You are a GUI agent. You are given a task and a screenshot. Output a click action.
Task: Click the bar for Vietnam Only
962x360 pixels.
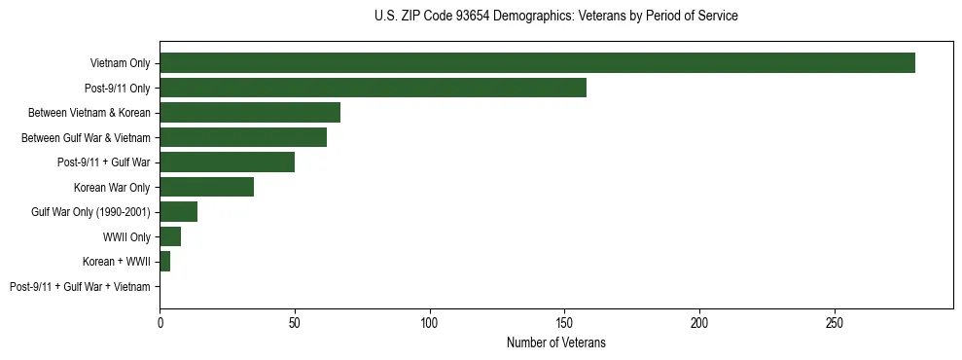[537, 63]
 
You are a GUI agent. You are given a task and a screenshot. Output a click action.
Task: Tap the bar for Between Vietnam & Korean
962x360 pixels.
[250, 113]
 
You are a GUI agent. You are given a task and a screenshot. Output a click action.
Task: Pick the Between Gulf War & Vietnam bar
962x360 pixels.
[243, 137]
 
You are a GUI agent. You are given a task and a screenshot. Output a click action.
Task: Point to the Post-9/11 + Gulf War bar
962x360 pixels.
[227, 162]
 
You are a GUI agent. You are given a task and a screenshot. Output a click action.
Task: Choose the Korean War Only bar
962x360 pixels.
[206, 187]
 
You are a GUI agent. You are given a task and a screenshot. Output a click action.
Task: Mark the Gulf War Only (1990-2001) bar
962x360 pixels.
[178, 212]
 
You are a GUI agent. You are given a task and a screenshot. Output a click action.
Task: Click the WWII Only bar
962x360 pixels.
[170, 236]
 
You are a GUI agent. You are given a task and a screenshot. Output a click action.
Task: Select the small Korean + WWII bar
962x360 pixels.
[164, 262]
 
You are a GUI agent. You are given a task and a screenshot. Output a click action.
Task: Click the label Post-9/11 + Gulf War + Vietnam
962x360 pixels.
[80, 287]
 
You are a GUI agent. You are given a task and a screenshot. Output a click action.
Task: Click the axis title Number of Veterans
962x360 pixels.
[556, 342]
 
